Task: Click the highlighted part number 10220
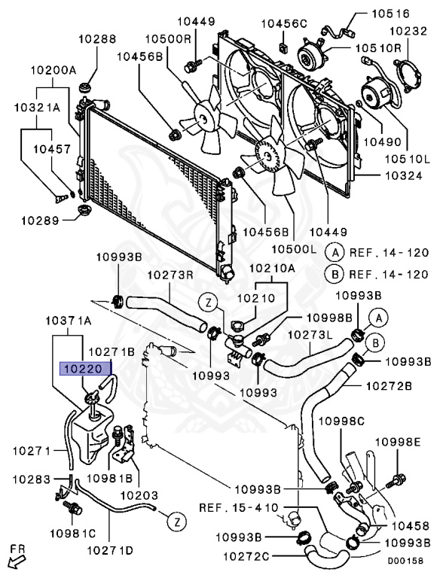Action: [x=85, y=368]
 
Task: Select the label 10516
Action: [x=390, y=14]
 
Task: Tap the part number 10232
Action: [x=408, y=31]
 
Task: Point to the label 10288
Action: [x=97, y=38]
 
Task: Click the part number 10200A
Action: [x=53, y=70]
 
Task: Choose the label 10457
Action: [x=52, y=149]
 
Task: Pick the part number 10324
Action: [x=404, y=175]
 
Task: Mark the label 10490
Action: [x=383, y=141]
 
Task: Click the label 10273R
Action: [x=170, y=275]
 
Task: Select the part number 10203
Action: [x=139, y=495]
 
